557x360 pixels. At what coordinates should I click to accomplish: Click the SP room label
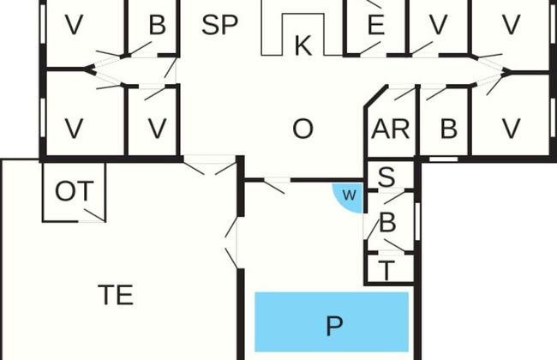pos(219,25)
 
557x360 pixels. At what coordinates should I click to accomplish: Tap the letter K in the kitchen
pos(302,46)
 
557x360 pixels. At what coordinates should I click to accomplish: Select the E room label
pos(375,25)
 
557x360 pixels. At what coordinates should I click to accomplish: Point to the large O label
pos(302,129)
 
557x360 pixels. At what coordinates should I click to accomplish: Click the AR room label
pos(390,129)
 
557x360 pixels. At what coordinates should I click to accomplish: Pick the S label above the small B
pos(386,178)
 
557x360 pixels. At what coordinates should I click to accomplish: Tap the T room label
pos(386,271)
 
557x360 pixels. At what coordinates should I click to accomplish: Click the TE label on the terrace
pos(115,295)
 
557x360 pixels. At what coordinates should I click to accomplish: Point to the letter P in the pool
pos(334,326)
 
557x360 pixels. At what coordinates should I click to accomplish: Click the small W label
pos(350,195)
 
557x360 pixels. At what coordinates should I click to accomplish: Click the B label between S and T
pos(387,225)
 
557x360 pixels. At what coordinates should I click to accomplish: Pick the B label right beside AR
pos(447,129)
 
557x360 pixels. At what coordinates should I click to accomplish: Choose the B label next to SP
pos(156,25)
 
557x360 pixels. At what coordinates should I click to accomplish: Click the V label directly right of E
pos(438,25)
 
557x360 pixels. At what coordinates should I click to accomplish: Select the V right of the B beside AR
pos(511,129)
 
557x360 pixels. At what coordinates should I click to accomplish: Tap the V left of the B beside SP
pos(75,25)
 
